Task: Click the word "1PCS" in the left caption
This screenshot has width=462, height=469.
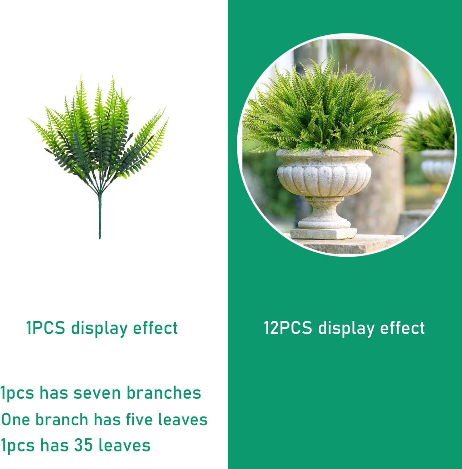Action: click(x=46, y=328)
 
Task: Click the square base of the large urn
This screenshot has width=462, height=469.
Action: click(x=324, y=234)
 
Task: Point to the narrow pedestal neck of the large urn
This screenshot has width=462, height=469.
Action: click(x=324, y=208)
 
